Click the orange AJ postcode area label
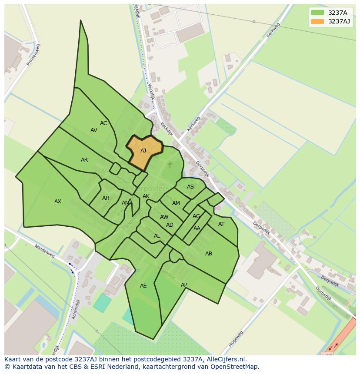[x=143, y=151]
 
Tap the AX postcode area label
[x=58, y=202]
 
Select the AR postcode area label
[x=84, y=160]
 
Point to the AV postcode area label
[x=94, y=130]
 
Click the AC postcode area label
[x=103, y=123]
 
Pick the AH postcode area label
[x=106, y=198]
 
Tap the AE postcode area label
[x=143, y=286]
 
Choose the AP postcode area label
[x=184, y=285]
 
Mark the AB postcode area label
[x=209, y=254]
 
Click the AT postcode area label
[x=221, y=224]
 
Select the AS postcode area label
[x=190, y=187]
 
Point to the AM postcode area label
[x=176, y=203]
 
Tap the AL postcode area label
[x=157, y=236]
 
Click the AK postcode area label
[x=146, y=196]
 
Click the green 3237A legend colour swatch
[x=317, y=13]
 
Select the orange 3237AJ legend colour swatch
[x=317, y=21]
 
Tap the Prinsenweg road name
[x=33, y=55]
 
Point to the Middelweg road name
[x=45, y=251]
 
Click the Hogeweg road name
[x=236, y=339]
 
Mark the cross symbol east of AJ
[x=170, y=165]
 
